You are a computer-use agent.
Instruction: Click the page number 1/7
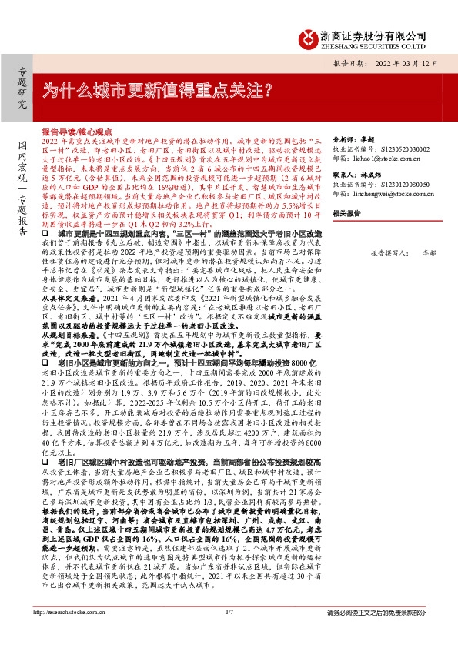pyautogui.click(x=229, y=633)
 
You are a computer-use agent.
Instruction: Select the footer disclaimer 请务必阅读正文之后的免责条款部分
pyautogui.click(x=376, y=633)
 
